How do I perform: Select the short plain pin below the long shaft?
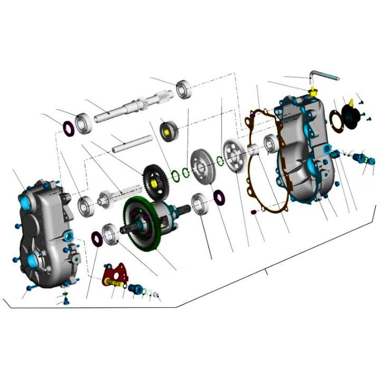coord(131,143)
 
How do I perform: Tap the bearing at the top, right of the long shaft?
coord(184,89)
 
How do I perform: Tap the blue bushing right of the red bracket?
coord(134,289)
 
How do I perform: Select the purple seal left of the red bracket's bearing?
coord(97,239)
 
